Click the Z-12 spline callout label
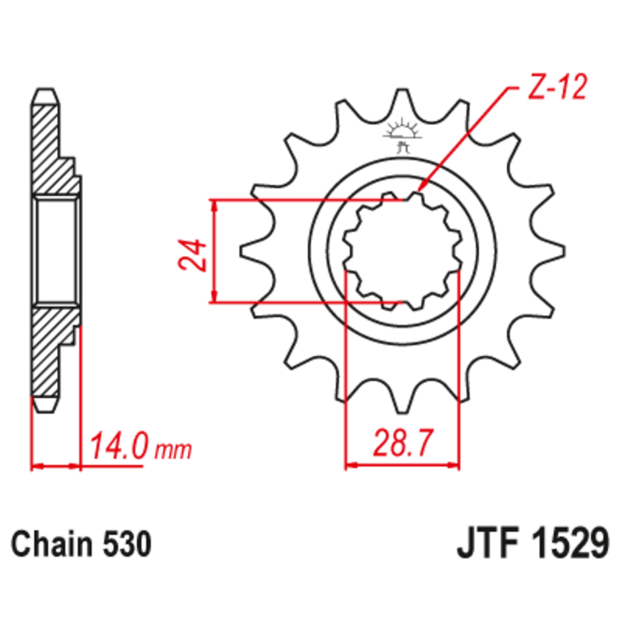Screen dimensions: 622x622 click(557, 88)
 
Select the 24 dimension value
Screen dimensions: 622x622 click(193, 255)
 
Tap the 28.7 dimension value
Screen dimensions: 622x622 click(402, 442)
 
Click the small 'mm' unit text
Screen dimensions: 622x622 click(173, 450)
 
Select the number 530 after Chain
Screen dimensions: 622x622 click(127, 543)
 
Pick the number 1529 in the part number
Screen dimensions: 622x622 click(569, 543)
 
